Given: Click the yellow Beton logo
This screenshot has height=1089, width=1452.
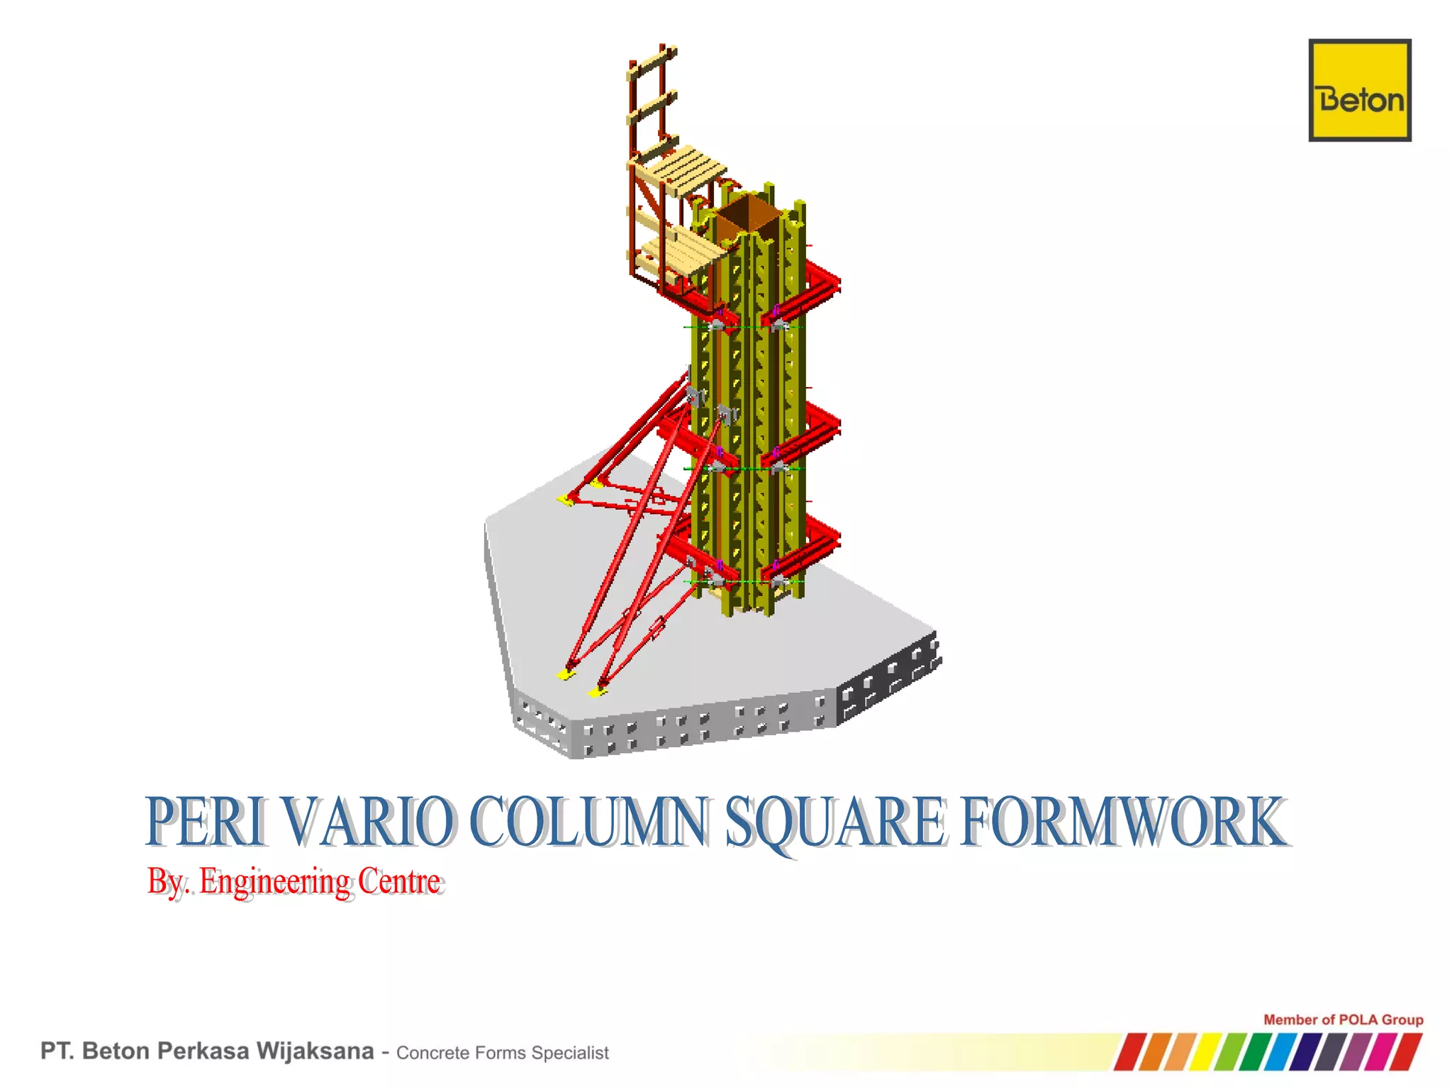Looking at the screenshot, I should pyautogui.click(x=1359, y=90).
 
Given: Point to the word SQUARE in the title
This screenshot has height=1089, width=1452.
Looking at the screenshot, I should pyautogui.click(x=834, y=822).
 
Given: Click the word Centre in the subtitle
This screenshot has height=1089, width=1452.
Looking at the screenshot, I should pyautogui.click(x=399, y=881).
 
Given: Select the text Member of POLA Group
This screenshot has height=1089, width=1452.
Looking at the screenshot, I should pyautogui.click(x=1343, y=1020).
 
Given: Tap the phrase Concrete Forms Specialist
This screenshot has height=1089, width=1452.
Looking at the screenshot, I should pyautogui.click(x=502, y=1053).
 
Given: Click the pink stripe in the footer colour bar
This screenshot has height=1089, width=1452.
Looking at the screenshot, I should pyautogui.click(x=1379, y=1052).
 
